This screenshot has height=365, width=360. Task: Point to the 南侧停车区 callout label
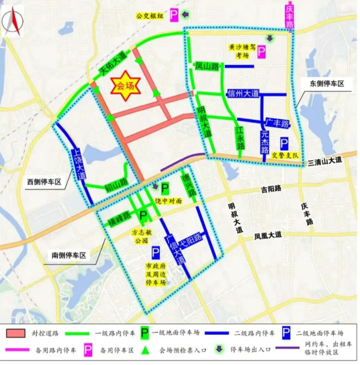[69, 255]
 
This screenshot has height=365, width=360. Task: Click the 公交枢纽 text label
[150, 16]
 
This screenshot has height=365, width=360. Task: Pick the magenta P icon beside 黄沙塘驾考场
[262, 52]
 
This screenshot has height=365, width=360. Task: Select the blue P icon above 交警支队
[285, 143]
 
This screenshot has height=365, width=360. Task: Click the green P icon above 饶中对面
[165, 188]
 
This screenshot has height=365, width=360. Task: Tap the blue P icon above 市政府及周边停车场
[155, 252]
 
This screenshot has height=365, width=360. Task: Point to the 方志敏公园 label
[142, 237]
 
